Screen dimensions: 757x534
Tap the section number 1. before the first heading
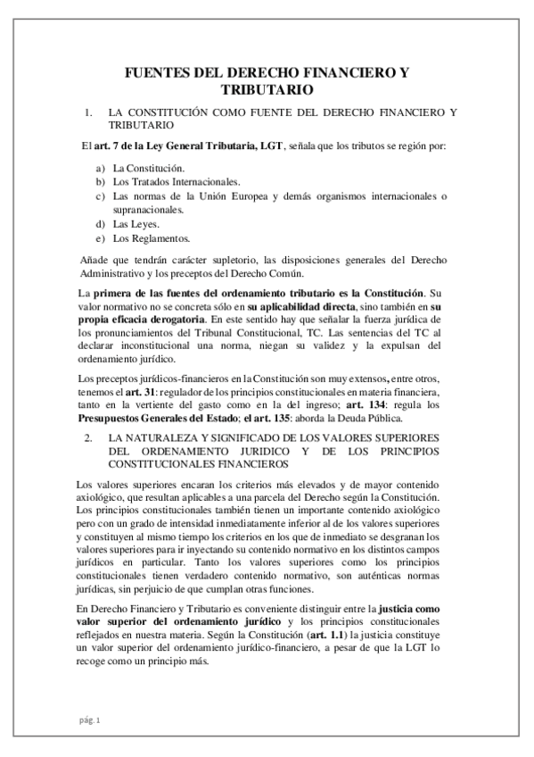pos(88,112)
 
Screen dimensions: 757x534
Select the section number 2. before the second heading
pos(88,439)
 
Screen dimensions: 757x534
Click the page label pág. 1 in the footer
pos(90,720)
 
